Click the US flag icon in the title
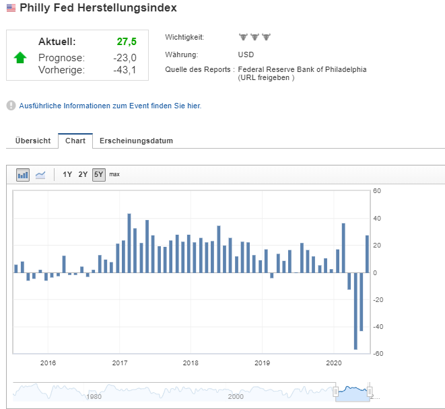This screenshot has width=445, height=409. [x=11, y=8]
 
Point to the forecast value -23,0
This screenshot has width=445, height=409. [x=125, y=58]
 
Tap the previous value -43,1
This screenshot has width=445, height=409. [x=125, y=70]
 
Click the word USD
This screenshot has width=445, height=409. [x=246, y=54]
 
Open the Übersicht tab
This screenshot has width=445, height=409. [x=33, y=141]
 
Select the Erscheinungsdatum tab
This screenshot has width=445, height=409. [x=136, y=141]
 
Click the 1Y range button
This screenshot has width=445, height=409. [x=67, y=174]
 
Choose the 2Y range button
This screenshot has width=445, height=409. [x=83, y=174]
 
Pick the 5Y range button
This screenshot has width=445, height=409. [x=98, y=174]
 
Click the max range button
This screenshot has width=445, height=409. [x=114, y=174]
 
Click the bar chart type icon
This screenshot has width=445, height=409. [x=24, y=175]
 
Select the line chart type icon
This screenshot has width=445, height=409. [x=40, y=175]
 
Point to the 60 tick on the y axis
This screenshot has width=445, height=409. [x=377, y=191]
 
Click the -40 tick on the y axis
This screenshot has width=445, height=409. [x=378, y=327]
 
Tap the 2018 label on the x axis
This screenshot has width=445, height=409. [x=191, y=363]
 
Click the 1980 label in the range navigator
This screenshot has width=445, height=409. [x=94, y=396]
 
